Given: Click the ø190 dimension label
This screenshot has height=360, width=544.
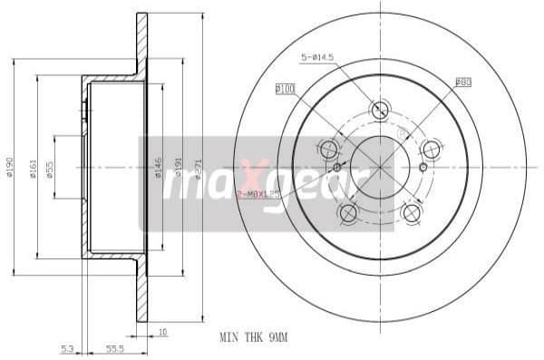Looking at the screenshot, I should [x=11, y=167].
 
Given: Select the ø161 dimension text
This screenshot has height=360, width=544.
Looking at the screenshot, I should [x=33, y=167].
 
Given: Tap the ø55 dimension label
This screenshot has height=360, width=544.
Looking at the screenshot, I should [x=51, y=167].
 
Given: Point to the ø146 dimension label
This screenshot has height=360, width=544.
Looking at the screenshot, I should [x=158, y=167].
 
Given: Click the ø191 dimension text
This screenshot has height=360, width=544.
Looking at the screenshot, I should [x=179, y=167].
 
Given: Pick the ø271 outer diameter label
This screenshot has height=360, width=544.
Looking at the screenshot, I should [x=199, y=167].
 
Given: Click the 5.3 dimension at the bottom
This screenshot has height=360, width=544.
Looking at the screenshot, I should [x=68, y=347].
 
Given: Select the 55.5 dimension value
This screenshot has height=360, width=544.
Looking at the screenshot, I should [x=113, y=347].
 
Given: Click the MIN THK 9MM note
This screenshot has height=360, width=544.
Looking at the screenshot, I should [x=253, y=336].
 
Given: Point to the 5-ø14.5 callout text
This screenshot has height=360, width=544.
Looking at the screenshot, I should [x=317, y=57].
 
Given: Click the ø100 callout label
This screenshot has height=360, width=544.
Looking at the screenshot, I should [x=286, y=89].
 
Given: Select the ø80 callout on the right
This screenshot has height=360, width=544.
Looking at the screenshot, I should [x=462, y=82].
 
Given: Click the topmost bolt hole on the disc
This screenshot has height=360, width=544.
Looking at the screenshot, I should [x=380, y=110].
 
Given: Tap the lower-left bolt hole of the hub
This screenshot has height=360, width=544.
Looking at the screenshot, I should [x=347, y=212].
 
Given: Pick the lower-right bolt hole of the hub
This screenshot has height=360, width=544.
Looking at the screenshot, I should [x=412, y=212].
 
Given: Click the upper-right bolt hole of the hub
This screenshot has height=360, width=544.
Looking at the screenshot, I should [x=432, y=149].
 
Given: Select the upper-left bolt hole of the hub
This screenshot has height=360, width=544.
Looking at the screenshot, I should [x=328, y=149].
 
